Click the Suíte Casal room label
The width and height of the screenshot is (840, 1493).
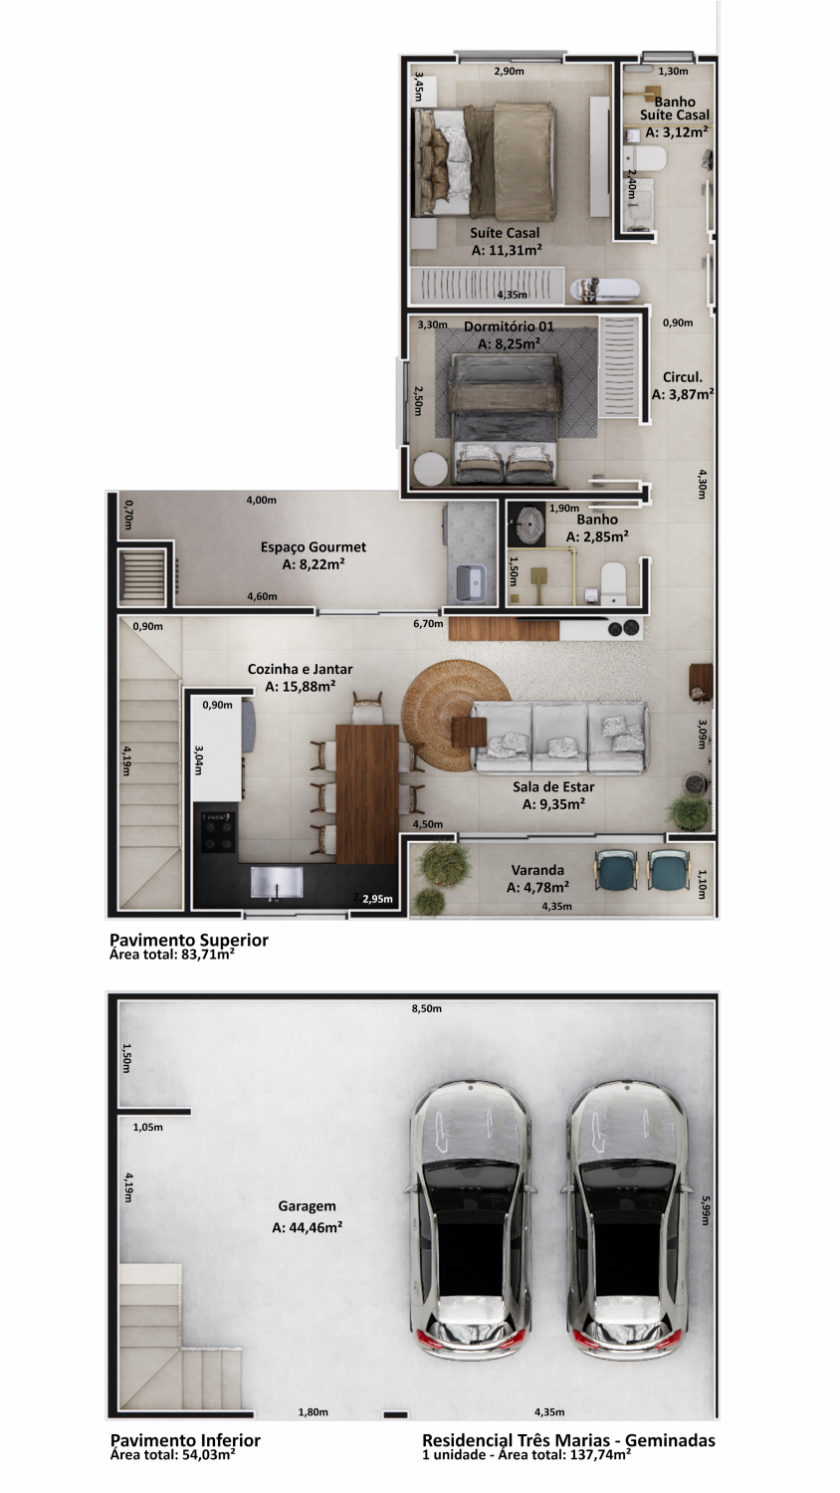coord(505,233)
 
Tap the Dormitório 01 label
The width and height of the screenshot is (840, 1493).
coord(509,326)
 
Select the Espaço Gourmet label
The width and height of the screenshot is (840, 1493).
coord(314,547)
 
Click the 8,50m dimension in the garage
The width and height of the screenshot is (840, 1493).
coord(427,1008)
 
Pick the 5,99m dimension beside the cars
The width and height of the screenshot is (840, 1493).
coord(706,1209)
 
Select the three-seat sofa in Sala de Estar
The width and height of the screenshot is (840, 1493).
coord(560,738)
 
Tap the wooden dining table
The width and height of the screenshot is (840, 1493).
coord(367,793)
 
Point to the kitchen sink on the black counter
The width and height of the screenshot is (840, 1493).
coord(277,882)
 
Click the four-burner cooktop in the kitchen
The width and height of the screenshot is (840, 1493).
coord(218,831)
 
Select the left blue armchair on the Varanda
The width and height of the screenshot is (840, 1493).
coord(617,869)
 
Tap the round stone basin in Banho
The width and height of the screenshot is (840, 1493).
coord(529,522)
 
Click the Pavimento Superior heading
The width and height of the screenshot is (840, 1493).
coord(189,940)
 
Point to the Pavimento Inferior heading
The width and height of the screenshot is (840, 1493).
coord(185,1440)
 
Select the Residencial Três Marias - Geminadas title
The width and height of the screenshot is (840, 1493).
coord(568,1440)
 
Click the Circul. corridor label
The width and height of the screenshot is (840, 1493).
coord(683,377)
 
